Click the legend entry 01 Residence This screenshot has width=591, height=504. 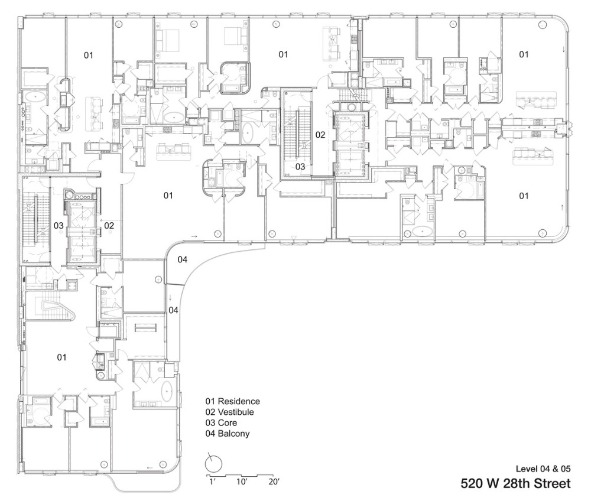[x=232, y=402]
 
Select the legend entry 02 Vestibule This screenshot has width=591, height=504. [x=229, y=412]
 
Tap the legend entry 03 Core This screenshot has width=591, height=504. [x=221, y=422]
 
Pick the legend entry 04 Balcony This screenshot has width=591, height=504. [x=228, y=434]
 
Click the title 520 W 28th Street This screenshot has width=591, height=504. [x=515, y=484]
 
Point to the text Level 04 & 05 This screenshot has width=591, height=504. [x=543, y=469]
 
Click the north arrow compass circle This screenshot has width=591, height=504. [x=213, y=464]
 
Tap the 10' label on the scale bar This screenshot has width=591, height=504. [x=242, y=482]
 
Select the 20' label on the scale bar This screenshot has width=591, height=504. [x=274, y=482]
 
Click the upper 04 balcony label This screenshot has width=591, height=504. [x=183, y=259]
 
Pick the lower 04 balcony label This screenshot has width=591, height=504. [x=173, y=310]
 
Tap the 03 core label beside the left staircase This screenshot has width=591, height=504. [x=59, y=226]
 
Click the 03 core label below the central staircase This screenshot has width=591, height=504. [x=300, y=167]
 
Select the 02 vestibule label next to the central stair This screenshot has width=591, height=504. [x=320, y=135]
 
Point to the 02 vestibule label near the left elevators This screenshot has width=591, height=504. [x=109, y=226]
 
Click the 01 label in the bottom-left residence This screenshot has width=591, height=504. [x=61, y=357]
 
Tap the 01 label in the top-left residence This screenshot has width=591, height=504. [x=88, y=56]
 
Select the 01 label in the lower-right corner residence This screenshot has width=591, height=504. [x=524, y=196]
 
